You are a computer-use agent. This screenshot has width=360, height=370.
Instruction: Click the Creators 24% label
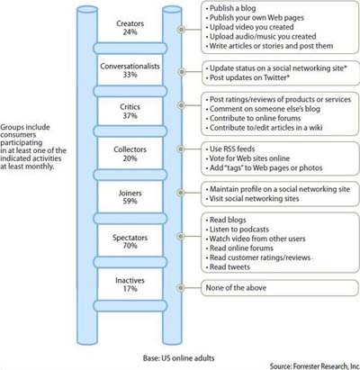pos(130,28)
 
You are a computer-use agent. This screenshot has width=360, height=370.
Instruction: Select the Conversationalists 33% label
pos(130,70)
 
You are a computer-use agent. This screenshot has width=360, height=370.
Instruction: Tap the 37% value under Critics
pos(130,116)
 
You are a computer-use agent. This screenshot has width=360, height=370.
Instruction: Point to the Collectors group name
pos(130,149)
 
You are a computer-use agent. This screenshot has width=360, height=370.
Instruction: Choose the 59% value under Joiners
pos(130,201)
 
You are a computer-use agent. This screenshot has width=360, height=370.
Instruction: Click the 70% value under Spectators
pos(130,246)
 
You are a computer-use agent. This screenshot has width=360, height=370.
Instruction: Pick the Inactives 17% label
pos(130,284)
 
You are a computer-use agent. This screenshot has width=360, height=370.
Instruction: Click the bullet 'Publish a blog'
pos(230,8)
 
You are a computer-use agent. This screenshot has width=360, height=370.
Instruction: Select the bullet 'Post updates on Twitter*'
pos(247,77)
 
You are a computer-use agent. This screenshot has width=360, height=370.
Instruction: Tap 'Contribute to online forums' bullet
pos(253,118)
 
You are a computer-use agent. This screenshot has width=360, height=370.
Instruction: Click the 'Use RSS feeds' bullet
pos(230,149)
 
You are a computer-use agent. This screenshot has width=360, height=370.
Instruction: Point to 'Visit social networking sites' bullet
pos(252,198)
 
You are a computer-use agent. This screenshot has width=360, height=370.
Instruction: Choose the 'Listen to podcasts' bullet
pos(237,230)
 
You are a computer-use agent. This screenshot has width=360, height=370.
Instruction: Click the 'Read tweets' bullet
pos(228,266)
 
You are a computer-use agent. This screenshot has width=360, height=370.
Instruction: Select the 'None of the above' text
pos(236,287)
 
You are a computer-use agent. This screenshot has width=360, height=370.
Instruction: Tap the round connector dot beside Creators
pos(181,30)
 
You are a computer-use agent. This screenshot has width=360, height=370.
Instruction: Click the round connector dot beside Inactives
pos(181,288)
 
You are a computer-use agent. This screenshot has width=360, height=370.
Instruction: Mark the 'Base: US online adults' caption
pos(179,358)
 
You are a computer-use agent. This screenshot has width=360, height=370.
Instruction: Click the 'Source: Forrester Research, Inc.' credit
pos(315,366)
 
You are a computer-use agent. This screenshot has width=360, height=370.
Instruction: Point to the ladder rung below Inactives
pos(130,306)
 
